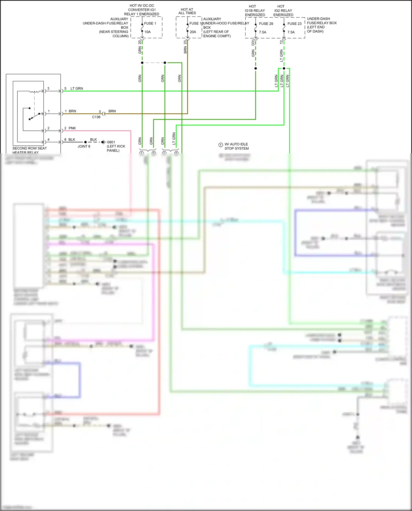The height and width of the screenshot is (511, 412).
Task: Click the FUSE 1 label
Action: [x=150, y=23]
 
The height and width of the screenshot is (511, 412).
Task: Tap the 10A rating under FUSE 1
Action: [x=147, y=32]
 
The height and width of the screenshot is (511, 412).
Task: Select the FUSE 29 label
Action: [x=266, y=24]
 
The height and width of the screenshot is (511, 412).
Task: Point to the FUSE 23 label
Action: [x=294, y=24]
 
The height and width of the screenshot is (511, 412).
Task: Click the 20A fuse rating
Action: [x=193, y=32]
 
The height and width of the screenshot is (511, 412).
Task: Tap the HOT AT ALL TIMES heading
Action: [x=187, y=11]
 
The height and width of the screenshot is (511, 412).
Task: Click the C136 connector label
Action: [x=96, y=117]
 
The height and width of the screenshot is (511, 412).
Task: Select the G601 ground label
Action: [x=111, y=142]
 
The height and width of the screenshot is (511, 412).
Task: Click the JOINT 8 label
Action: [x=84, y=146]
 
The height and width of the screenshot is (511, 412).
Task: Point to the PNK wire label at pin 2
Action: [x=72, y=128]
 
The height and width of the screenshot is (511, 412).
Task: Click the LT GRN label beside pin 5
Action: [x=77, y=88]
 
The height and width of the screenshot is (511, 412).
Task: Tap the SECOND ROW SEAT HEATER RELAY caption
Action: [x=29, y=150]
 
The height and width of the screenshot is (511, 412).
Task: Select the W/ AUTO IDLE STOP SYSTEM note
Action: [x=236, y=146]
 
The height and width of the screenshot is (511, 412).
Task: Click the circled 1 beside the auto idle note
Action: [x=221, y=145]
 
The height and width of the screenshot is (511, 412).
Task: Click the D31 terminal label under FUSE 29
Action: [x=253, y=43]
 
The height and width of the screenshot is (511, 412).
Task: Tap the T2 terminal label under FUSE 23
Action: [x=281, y=42]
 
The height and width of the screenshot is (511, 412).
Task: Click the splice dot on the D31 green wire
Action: [x=255, y=68]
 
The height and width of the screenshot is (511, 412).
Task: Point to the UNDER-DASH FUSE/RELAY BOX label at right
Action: [x=321, y=25]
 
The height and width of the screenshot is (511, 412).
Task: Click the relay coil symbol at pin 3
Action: [x=34, y=91]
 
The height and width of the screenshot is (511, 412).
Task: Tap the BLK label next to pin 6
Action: [x=72, y=139]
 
